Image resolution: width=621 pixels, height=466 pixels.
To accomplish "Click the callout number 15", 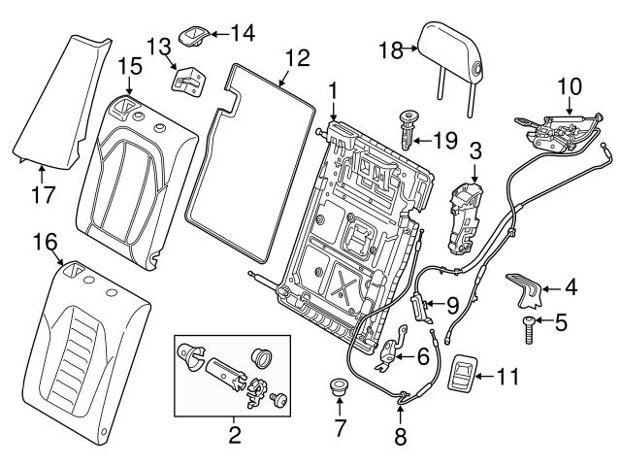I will click(x=129, y=66).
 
